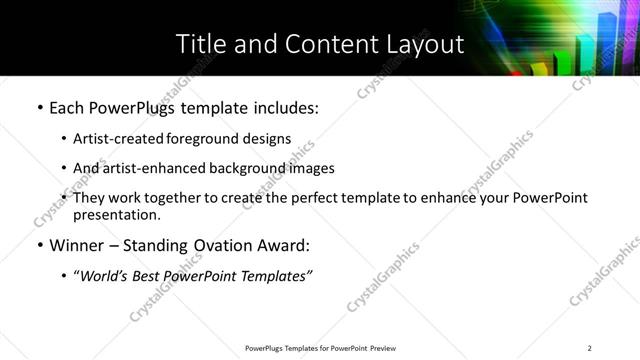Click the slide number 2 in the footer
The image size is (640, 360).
pyautogui.click(x=590, y=348)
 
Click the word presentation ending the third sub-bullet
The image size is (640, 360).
pyautogui.click(x=115, y=214)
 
